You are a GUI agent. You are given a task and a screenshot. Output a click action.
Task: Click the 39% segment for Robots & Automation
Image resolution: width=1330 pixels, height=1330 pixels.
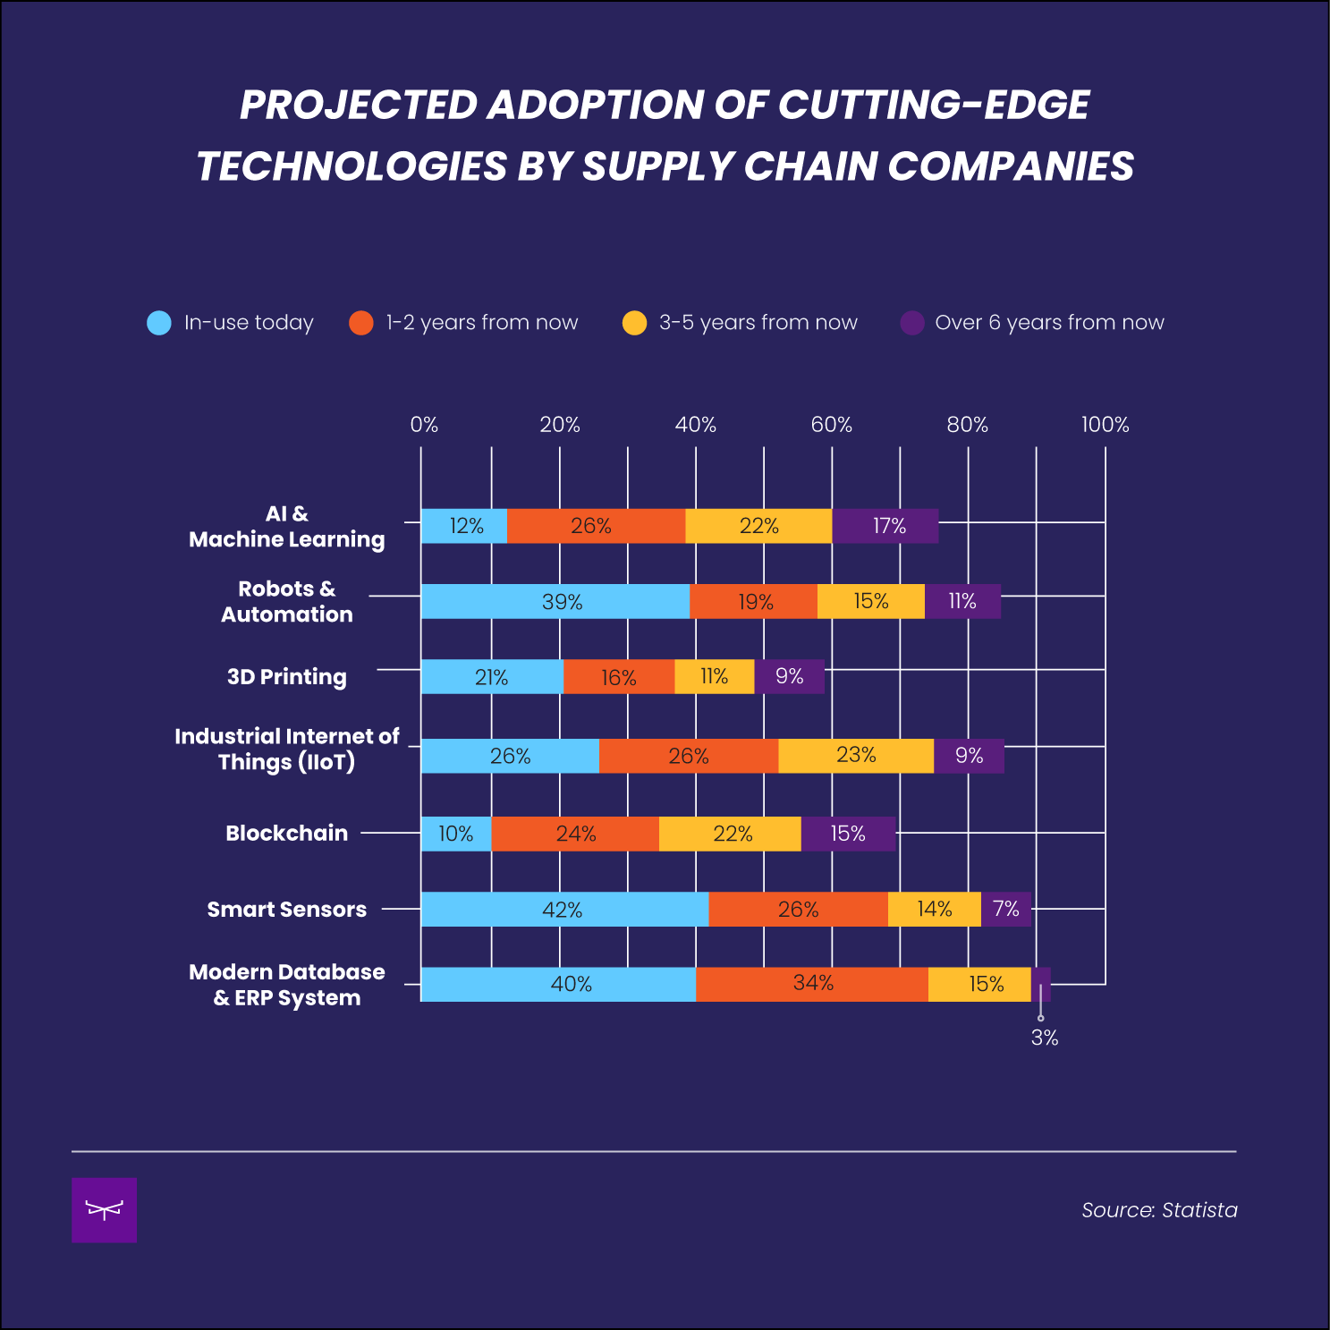point(555,601)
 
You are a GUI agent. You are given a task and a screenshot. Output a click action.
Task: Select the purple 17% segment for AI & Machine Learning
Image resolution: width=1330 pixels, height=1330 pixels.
point(885,526)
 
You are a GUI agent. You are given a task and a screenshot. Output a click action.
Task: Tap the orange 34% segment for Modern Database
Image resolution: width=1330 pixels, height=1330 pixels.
point(812,984)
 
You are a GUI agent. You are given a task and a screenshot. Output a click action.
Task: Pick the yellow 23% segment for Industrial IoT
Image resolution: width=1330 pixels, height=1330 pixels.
point(856,756)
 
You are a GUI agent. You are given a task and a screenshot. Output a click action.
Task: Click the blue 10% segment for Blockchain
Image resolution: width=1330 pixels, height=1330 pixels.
point(456,834)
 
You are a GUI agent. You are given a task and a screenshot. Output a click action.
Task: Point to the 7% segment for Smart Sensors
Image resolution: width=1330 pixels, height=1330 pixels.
point(1006,909)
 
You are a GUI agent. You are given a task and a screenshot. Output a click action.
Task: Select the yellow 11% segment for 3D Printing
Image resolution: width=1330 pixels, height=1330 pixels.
point(714,676)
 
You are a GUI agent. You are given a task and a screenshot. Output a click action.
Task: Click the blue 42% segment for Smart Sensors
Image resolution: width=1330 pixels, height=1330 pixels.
point(563,909)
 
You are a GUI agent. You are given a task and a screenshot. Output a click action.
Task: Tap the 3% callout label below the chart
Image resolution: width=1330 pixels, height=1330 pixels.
point(1045,1038)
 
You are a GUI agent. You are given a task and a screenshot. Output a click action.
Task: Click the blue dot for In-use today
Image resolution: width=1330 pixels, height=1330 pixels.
point(159,323)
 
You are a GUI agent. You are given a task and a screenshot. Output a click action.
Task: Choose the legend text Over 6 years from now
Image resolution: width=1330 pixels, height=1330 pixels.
point(1049,323)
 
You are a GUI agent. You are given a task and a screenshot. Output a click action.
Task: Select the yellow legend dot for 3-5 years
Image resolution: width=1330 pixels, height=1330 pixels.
point(634,323)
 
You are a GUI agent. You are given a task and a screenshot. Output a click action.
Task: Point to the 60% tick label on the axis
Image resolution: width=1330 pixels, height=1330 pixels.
point(832,425)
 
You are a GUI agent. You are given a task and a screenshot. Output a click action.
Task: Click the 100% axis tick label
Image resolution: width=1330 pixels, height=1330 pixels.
point(1105,425)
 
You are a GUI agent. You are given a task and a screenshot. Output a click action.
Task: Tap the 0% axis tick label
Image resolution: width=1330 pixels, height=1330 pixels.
point(424,425)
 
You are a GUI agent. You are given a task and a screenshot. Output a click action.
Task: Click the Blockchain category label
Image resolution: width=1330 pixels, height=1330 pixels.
point(286,833)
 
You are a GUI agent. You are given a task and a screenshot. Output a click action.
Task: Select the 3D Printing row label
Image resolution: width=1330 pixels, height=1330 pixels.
point(286,677)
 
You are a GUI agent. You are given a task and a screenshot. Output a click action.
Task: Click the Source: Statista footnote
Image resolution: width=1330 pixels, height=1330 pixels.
point(1159,1210)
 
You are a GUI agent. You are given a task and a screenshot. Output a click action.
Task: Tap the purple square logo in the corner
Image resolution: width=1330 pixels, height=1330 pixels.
point(104,1210)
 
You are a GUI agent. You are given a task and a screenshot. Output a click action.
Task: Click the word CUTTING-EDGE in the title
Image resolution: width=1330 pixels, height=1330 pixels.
point(934,105)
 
